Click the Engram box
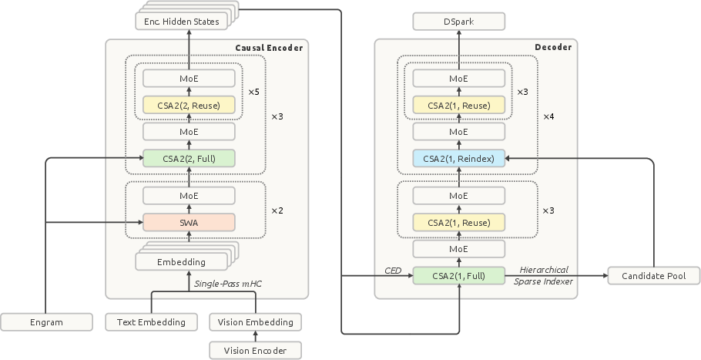pyautogui.click(x=46, y=322)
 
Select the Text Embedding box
pyautogui.click(x=151, y=322)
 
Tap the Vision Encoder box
pyautogui.click(x=255, y=350)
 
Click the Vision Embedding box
pyautogui.click(x=255, y=322)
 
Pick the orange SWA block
pyautogui.click(x=189, y=222)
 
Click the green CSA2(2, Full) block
pyautogui.click(x=189, y=158)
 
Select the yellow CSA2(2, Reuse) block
pyautogui.click(x=189, y=105)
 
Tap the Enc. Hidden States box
pyautogui.click(x=182, y=22)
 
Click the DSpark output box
pyautogui.click(x=458, y=22)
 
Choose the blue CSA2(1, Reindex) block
pyautogui.click(x=458, y=158)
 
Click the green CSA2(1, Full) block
pyautogui.click(x=458, y=275)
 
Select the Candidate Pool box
pyautogui.click(x=653, y=275)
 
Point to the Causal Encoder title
pyautogui.click(x=269, y=48)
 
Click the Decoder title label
pyautogui.click(x=553, y=47)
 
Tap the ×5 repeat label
pyautogui.click(x=253, y=92)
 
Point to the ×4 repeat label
pyautogui.click(x=548, y=116)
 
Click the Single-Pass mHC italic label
pyautogui.click(x=228, y=284)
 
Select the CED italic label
pyautogui.click(x=393, y=271)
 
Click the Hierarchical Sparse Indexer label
pyautogui.click(x=543, y=275)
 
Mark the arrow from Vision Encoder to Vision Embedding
pyautogui.click(x=255, y=336)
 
